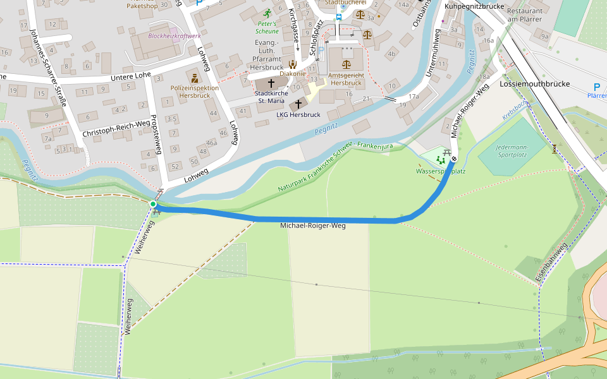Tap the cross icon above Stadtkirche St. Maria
pyautogui.click(x=271, y=83)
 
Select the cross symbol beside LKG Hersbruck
pyautogui.click(x=298, y=104)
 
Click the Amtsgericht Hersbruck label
pyautogui.click(x=346, y=78)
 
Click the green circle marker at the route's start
pyautogui.click(x=153, y=204)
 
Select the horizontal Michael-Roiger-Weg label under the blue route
pyautogui.click(x=313, y=226)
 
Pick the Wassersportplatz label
pyautogui.click(x=441, y=171)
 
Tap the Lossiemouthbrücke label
pyautogui.click(x=534, y=84)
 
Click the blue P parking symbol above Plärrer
pyautogui.click(x=596, y=87)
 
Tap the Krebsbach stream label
pyautogui.click(x=514, y=112)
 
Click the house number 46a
pyautogui.click(x=211, y=143)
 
